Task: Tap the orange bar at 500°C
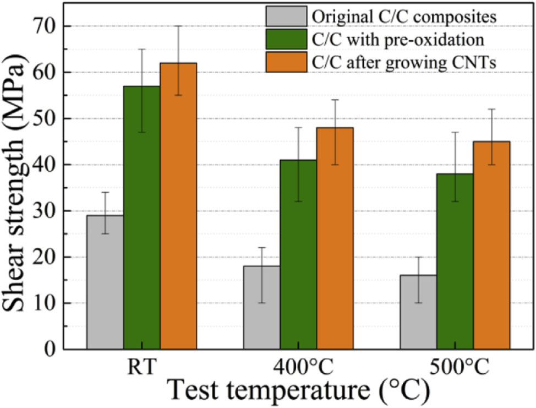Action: click(x=491, y=245)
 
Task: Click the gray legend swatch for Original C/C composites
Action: click(x=286, y=17)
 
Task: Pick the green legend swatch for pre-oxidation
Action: click(x=286, y=40)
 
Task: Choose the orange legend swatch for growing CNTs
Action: click(x=286, y=62)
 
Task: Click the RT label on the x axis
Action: click(x=141, y=367)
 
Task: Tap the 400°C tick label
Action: click(x=298, y=367)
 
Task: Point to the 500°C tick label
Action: click(x=455, y=367)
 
